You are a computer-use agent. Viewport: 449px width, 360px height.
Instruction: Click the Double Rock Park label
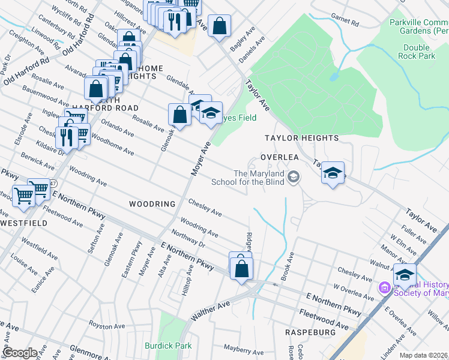tap(419, 52)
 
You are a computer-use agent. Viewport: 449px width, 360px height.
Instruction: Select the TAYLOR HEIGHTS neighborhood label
tap(302, 138)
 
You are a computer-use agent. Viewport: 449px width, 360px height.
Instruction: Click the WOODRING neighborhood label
tap(152, 204)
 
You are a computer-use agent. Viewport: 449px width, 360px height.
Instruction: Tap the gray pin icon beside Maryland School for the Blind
tap(294, 176)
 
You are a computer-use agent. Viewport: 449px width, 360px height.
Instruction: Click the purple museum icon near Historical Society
tap(384, 288)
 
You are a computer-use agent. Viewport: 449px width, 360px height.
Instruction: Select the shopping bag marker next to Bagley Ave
tap(220, 26)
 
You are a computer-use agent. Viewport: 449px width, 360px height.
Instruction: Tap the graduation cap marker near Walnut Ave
tap(405, 275)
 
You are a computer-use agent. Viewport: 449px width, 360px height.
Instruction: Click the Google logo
tap(20, 353)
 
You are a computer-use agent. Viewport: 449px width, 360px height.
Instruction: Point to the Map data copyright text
tap(423, 355)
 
